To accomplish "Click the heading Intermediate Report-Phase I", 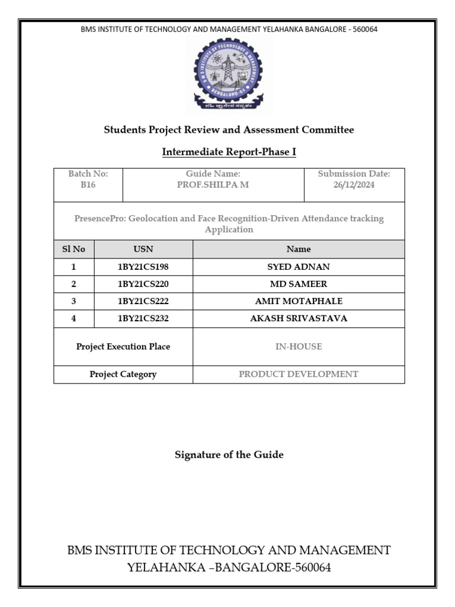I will click(x=229, y=152).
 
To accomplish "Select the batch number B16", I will click(x=88, y=184).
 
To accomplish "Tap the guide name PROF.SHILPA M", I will click(x=213, y=184).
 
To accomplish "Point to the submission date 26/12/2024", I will click(x=354, y=184).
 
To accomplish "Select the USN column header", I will click(x=143, y=249).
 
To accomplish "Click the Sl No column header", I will click(x=73, y=249).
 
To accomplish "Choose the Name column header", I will click(x=299, y=249).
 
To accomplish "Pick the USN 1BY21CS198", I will click(x=143, y=267).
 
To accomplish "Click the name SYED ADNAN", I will click(x=299, y=267).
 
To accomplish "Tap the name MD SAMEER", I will click(x=299, y=284).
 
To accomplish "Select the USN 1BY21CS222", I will click(x=143, y=301).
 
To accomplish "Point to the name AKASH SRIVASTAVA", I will click(x=299, y=318).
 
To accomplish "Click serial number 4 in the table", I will click(x=73, y=318).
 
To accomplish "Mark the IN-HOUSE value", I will click(x=299, y=346).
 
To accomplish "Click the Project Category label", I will click(x=123, y=374).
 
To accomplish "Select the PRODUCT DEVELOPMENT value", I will click(x=299, y=374).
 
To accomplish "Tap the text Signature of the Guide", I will click(x=229, y=455).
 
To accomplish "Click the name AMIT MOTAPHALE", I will click(x=299, y=301).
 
